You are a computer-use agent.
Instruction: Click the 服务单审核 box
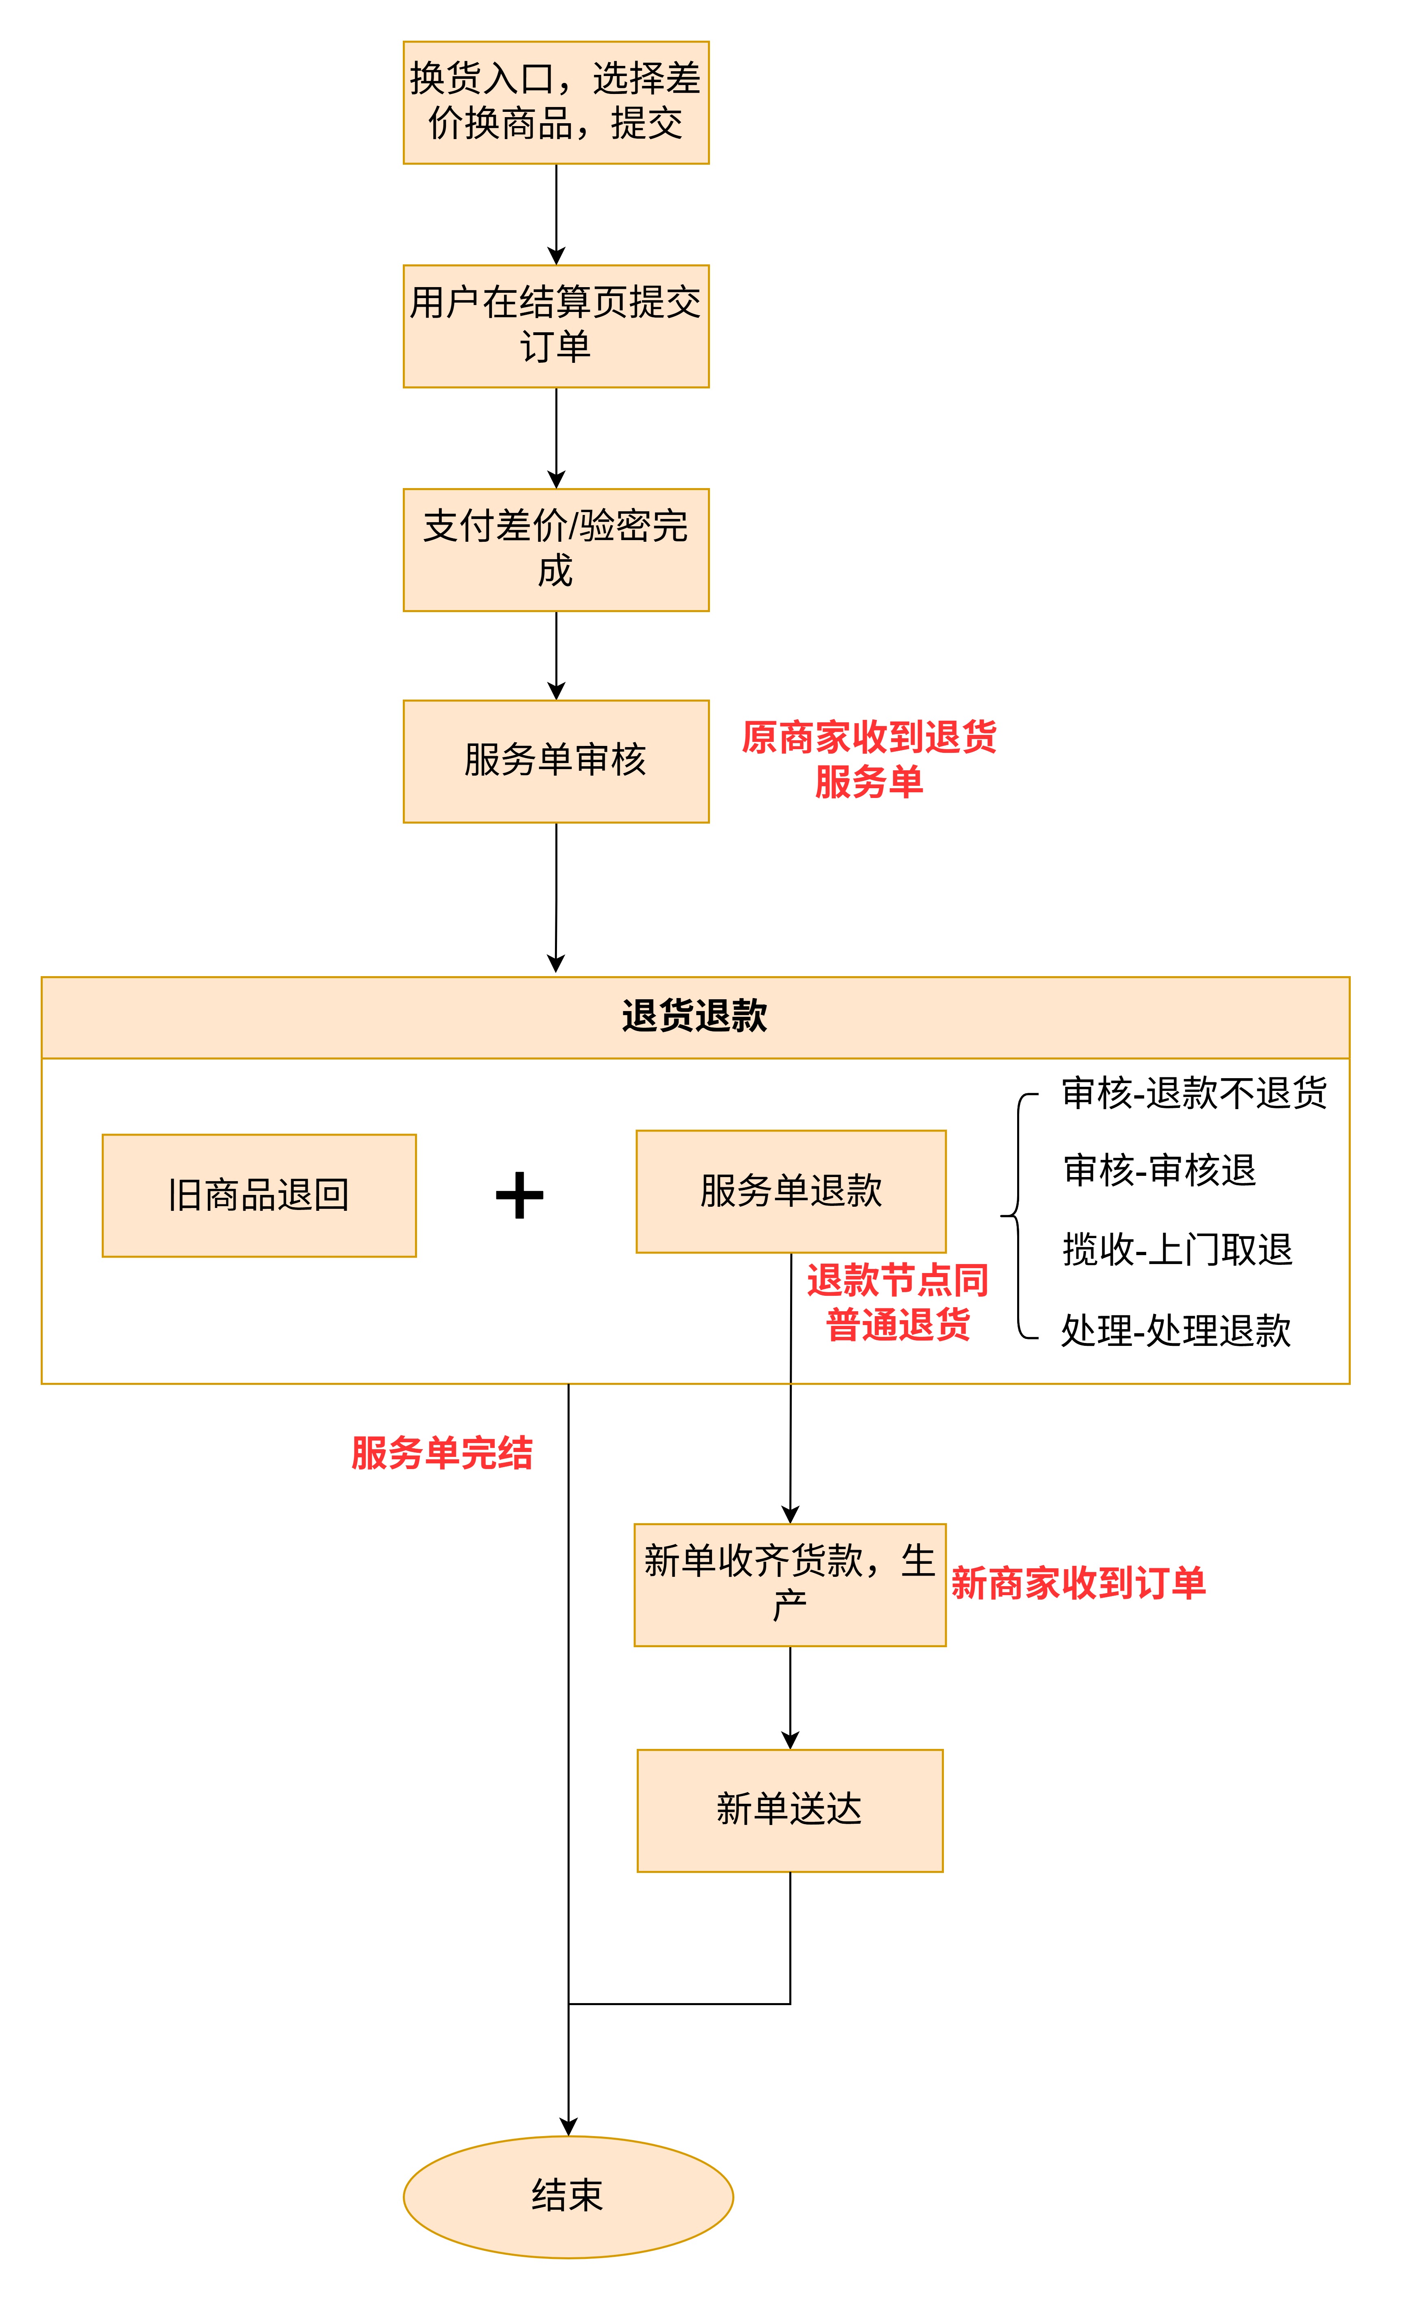[556, 761]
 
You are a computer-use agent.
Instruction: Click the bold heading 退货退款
[695, 1016]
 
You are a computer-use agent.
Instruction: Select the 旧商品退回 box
[259, 1195]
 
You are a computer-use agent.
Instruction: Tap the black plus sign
[520, 1195]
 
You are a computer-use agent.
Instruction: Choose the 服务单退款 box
[791, 1191]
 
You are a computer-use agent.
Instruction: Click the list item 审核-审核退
[1160, 1170]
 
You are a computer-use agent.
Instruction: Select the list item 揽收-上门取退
[1177, 1249]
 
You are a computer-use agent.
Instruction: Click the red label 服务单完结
[442, 1453]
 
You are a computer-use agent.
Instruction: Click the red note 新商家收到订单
[1078, 1583]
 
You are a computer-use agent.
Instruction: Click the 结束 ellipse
[568, 2195]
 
